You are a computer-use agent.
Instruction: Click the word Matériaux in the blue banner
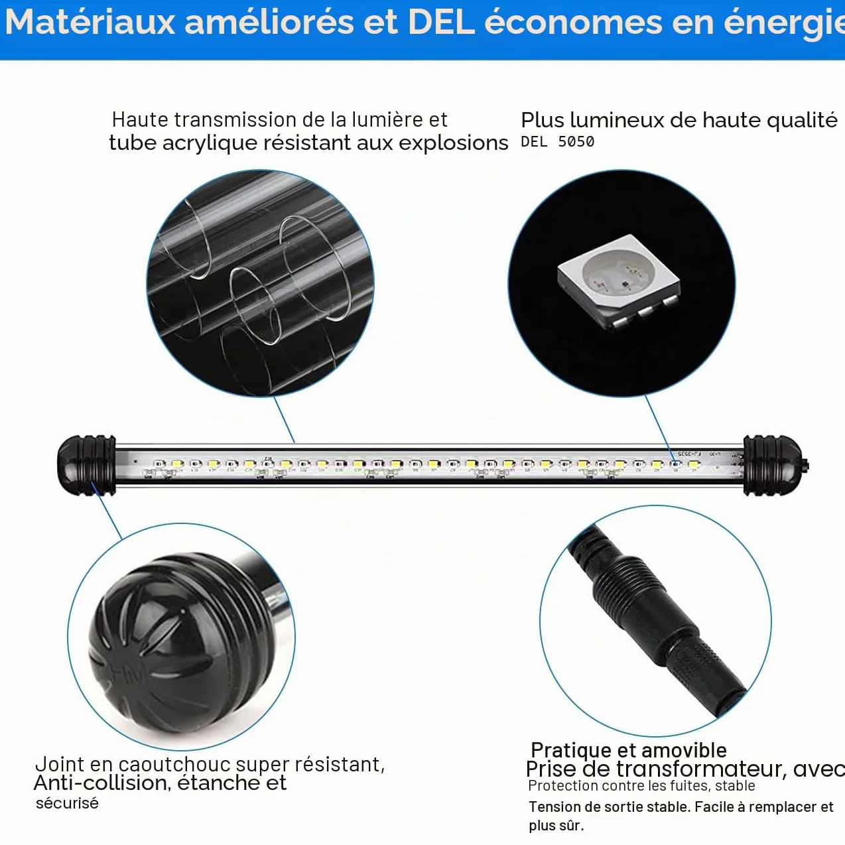(90, 22)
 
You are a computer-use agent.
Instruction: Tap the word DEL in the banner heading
(442, 22)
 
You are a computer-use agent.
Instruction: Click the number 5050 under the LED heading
(576, 142)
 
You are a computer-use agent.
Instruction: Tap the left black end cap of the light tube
(86, 465)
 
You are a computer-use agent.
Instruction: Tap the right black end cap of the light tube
(775, 465)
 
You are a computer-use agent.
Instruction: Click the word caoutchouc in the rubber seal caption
(175, 764)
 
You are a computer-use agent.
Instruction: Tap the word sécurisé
(67, 803)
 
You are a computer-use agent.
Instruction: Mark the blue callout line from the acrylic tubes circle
(284, 420)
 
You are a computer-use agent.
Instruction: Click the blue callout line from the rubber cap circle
(107, 511)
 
